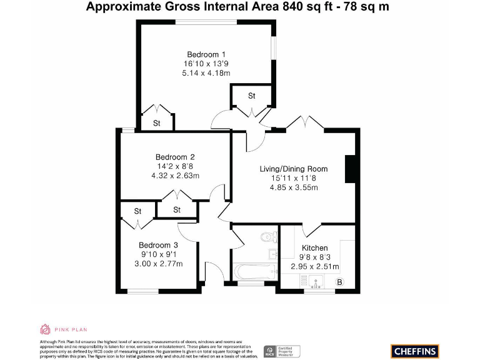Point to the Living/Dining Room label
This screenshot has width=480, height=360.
(x=293, y=169)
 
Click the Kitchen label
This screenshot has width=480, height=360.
(x=314, y=248)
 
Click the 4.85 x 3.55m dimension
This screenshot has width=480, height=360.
(x=293, y=187)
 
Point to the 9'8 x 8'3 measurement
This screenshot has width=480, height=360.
(x=314, y=257)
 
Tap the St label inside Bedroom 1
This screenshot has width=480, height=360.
(x=157, y=123)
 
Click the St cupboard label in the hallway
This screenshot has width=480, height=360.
(x=252, y=96)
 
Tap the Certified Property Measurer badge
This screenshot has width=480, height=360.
(x=282, y=351)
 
